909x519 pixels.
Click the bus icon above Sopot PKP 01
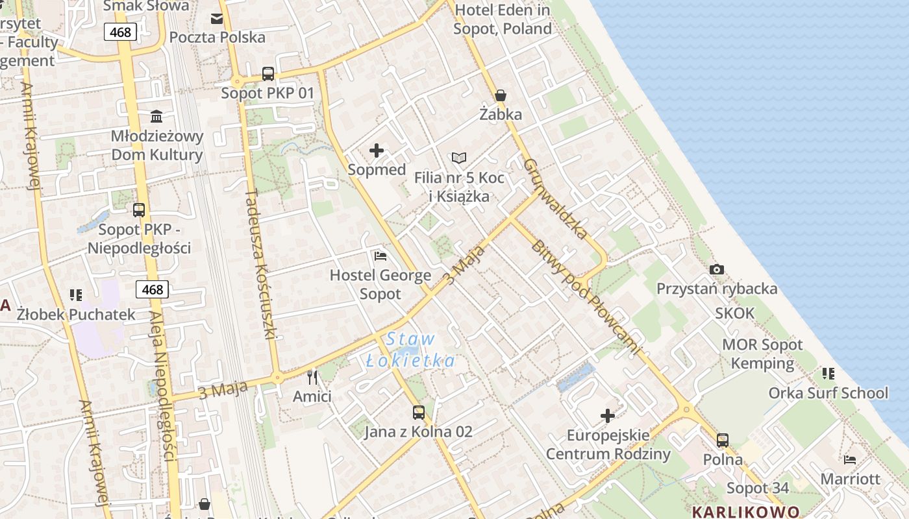click(268, 74)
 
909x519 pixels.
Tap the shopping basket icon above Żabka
click(501, 95)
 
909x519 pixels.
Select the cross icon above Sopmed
click(377, 151)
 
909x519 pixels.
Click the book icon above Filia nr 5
click(459, 158)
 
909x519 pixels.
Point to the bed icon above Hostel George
click(380, 256)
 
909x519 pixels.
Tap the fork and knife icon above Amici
click(312, 377)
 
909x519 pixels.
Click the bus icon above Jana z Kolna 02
click(419, 412)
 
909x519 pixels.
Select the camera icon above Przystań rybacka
click(717, 269)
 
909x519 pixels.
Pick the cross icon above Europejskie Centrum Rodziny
click(608, 415)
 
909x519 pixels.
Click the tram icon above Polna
click(723, 441)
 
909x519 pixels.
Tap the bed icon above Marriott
click(850, 460)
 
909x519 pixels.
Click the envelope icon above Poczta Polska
click(217, 18)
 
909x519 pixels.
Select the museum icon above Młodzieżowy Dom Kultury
click(156, 117)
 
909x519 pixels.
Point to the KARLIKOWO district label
click(745, 512)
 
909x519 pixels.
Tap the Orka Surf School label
click(828, 393)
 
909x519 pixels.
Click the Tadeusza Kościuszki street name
click(262, 264)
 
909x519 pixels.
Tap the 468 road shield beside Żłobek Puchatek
click(153, 289)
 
